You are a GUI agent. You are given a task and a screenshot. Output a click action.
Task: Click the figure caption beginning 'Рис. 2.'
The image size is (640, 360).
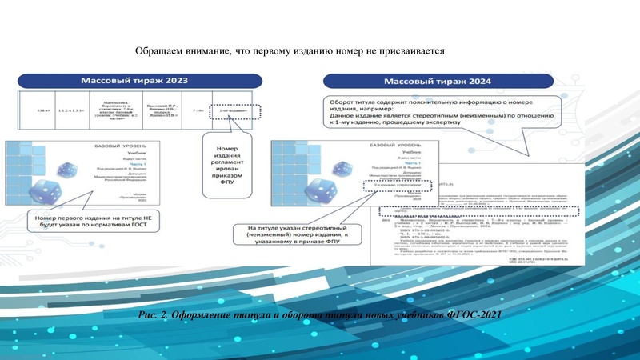pyautogui.click(x=320, y=312)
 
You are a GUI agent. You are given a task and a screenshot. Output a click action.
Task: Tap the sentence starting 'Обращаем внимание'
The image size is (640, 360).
pyautogui.click(x=289, y=50)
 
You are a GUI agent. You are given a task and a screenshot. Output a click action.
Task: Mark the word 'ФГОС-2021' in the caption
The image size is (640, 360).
pyautogui.click(x=473, y=312)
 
